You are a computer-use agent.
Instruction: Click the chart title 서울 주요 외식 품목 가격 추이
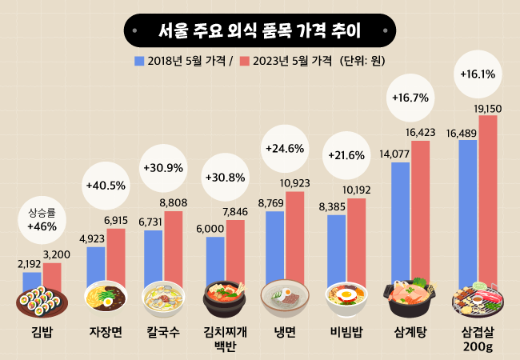259,32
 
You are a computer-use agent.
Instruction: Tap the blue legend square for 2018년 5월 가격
139,61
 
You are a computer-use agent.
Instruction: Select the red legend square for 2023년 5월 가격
245,61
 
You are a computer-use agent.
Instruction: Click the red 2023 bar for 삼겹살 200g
488,200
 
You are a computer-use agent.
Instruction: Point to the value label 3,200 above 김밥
57,255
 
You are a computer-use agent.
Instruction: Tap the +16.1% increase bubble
478,74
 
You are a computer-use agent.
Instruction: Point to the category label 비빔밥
346,331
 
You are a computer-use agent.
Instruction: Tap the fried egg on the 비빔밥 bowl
346,294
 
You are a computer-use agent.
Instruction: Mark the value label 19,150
488,108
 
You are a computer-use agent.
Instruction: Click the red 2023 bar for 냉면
295,236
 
